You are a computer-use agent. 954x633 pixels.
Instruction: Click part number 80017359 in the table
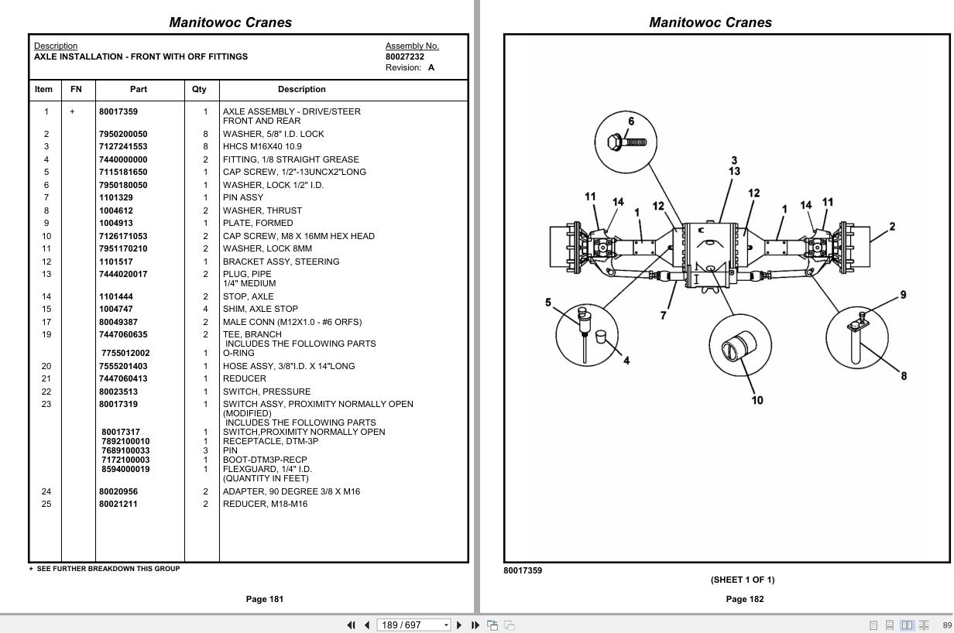point(118,111)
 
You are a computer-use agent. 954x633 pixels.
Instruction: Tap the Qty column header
point(199,90)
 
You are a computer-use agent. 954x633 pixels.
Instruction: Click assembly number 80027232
point(405,56)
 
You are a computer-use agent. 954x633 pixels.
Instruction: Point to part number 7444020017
point(123,274)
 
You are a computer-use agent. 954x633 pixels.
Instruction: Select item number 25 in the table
point(46,504)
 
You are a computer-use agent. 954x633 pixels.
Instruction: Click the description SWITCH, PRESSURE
point(266,392)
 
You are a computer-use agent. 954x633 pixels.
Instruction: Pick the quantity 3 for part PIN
point(205,450)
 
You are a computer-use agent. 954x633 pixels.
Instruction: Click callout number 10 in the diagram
point(757,400)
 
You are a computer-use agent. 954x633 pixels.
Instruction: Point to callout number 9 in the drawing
point(903,295)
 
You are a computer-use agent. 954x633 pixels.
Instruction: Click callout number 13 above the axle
point(733,171)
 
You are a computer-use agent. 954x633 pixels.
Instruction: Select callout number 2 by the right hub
point(892,227)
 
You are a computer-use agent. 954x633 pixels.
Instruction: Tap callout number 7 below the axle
point(663,316)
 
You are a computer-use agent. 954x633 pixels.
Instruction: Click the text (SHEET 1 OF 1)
point(742,580)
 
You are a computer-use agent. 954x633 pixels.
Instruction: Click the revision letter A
point(431,67)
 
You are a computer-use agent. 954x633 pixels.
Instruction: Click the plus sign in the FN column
point(73,111)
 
